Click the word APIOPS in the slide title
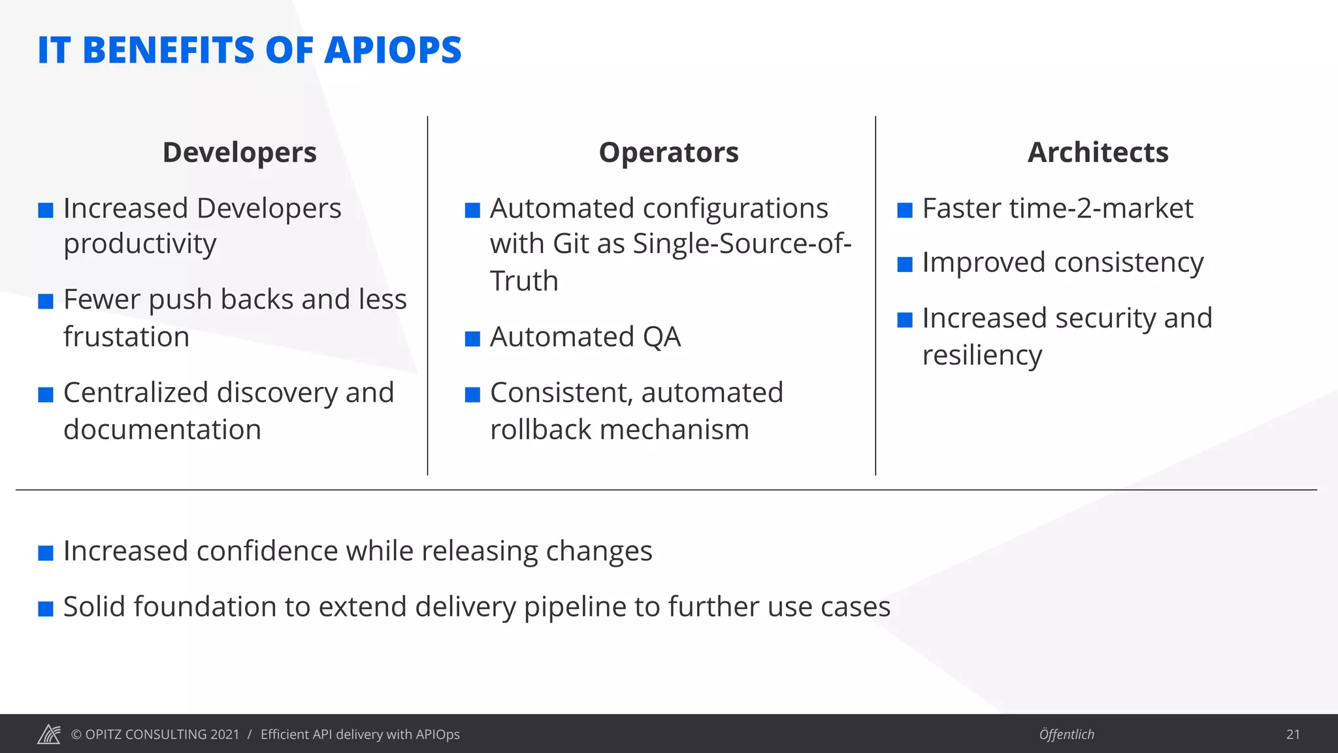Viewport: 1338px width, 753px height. click(393, 50)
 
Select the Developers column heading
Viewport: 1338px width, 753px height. click(239, 152)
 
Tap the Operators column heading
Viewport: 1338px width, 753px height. click(668, 152)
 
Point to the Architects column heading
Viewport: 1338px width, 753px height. click(1098, 152)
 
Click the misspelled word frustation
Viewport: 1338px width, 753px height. click(126, 337)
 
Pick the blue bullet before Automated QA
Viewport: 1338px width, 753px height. click(472, 339)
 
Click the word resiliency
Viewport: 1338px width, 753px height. click(982, 356)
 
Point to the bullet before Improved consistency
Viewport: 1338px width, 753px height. click(905, 264)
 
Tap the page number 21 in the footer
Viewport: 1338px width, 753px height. click(1292, 735)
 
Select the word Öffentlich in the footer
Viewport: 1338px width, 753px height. click(1066, 735)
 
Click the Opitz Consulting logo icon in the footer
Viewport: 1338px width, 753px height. click(49, 734)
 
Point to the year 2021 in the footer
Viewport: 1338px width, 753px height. click(225, 735)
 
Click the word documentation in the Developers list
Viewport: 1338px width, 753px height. click(162, 430)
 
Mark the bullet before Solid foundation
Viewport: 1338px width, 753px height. click(46, 609)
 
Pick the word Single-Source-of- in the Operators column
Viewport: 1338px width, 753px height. click(742, 244)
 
